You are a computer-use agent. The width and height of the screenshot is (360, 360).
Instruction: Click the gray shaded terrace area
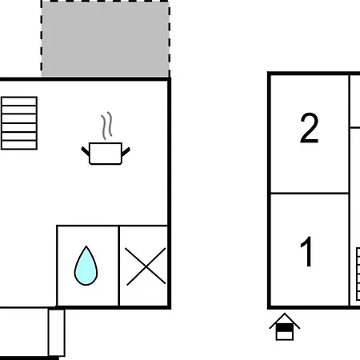106,39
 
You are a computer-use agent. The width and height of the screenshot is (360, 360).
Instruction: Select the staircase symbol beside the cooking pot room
19,123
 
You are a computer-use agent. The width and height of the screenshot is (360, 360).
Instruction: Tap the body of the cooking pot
106,154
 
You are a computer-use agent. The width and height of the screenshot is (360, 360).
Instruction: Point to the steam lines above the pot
106,126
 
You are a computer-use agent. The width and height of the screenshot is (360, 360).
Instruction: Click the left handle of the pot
86,151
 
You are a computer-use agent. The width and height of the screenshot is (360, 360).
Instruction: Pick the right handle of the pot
126,151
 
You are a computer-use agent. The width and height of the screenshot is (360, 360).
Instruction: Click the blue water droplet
86,266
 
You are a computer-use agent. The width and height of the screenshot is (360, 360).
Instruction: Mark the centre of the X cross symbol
146,266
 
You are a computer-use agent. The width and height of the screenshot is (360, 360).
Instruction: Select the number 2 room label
310,128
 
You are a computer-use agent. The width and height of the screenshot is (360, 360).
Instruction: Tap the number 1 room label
306,251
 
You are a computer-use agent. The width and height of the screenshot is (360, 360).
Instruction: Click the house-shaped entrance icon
285,326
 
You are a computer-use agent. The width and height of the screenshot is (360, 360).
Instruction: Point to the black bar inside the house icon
285,328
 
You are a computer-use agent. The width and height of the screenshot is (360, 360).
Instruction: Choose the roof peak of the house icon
285,314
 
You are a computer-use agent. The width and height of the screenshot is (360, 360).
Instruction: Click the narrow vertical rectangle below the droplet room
57,333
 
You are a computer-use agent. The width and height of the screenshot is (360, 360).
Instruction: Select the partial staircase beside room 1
358,274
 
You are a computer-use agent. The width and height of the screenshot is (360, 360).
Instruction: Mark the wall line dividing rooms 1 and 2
310,193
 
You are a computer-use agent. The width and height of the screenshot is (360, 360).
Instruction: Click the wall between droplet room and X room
119,266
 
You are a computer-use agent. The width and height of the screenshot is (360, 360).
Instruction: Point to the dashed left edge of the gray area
42,39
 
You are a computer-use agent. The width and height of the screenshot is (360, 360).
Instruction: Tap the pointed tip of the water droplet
86,246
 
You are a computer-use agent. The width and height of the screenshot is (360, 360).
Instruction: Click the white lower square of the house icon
285,335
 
